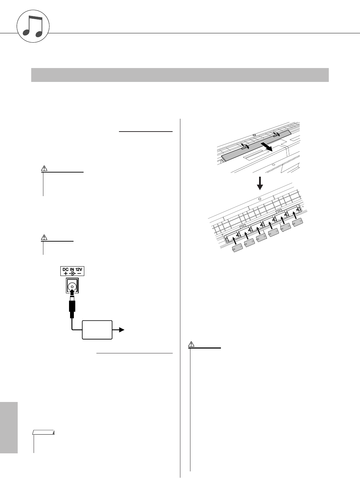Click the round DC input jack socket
72,286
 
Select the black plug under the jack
72,307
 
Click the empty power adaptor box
97,330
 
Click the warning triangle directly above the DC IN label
44,238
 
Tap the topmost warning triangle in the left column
44,168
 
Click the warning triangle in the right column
191,345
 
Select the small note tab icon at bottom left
43,433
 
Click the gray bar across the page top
180,75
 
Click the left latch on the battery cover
244,147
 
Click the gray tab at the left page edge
9,428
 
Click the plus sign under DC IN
66,273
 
